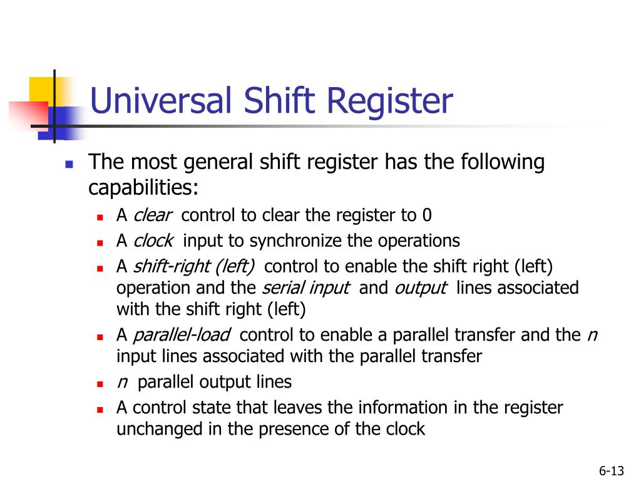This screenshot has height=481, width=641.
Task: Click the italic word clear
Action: coord(153,215)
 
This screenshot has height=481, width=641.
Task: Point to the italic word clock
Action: coord(153,240)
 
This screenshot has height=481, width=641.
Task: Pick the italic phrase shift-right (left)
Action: coord(194,266)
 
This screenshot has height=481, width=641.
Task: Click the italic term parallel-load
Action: coord(182,335)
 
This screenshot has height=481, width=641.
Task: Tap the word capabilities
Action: coord(143,187)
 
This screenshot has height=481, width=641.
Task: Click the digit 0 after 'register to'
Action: coord(427,215)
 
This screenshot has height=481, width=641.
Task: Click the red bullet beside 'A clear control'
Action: coord(100,217)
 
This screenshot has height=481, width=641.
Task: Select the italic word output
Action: coord(420,288)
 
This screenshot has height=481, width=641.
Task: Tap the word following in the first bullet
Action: coord(503,162)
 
